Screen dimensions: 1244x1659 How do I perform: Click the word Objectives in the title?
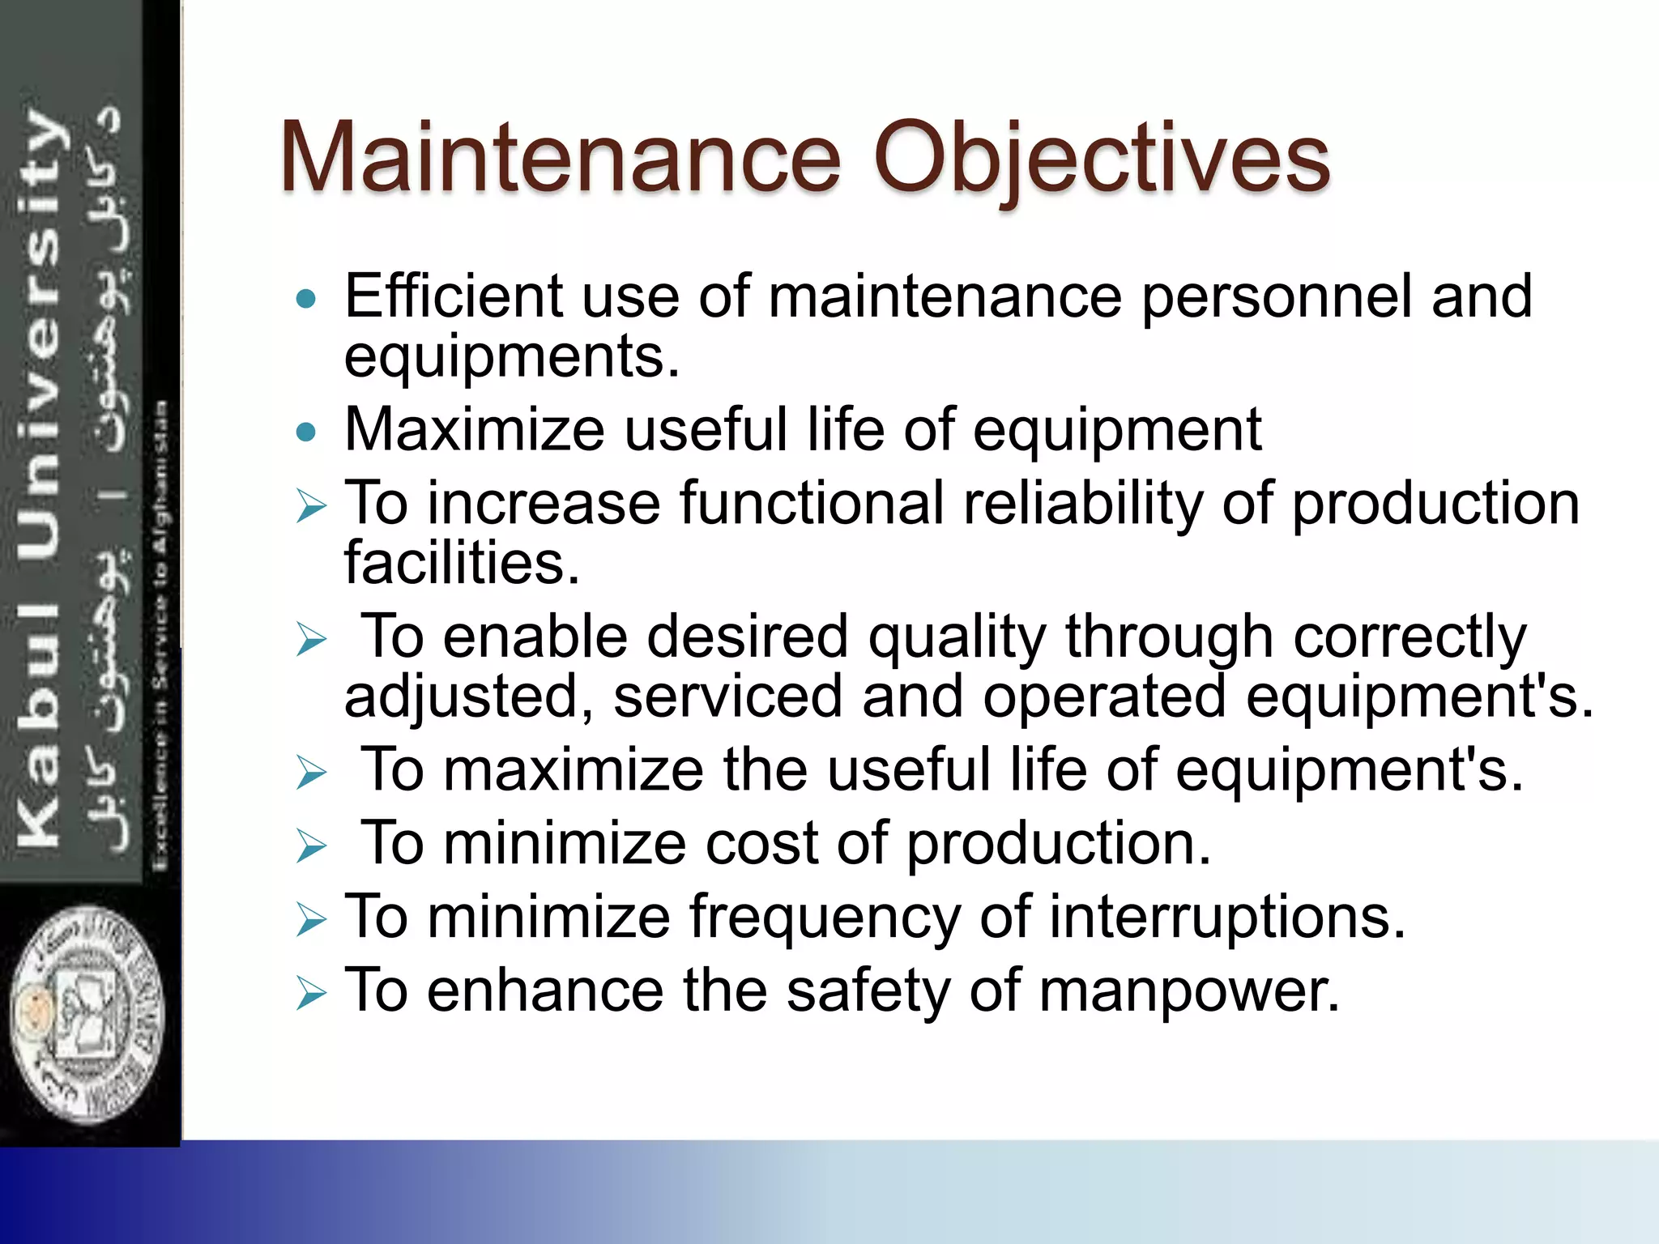coord(1102,158)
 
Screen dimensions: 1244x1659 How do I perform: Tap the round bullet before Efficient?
coord(306,300)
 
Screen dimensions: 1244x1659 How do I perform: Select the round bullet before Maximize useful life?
coord(306,432)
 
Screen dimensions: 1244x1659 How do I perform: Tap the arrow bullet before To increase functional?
coord(311,507)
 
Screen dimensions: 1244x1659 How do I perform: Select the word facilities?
coord(462,564)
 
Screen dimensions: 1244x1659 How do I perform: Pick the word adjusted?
coord(470,697)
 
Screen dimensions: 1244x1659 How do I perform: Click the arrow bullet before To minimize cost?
coord(311,846)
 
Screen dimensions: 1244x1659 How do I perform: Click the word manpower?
coord(1188,992)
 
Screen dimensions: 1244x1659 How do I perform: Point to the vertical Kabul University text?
coord(41,478)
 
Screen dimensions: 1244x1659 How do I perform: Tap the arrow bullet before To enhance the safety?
coord(311,993)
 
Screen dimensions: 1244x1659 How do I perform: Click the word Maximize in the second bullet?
coord(475,430)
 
